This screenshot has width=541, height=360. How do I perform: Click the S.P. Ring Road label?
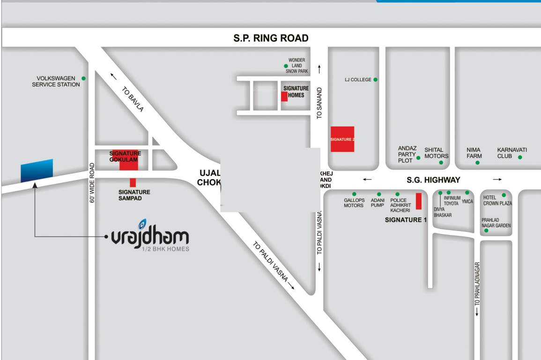tap(271, 38)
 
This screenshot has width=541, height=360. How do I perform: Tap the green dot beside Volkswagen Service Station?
tap(83, 78)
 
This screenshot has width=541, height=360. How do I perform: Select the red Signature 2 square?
tap(342, 139)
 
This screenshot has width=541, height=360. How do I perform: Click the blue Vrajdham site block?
tap(37, 171)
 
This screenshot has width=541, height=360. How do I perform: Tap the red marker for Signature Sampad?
tap(133, 182)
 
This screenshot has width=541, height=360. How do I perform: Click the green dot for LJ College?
tap(376, 80)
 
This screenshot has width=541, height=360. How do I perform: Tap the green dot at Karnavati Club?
tap(520, 157)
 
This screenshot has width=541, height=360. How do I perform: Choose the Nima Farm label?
tap(474, 153)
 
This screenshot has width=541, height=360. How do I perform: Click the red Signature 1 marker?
tap(419, 201)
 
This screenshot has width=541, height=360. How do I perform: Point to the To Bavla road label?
tap(133, 99)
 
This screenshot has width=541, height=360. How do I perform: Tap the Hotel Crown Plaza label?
tap(497, 201)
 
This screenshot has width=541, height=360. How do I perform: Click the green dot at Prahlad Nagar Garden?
tap(486, 230)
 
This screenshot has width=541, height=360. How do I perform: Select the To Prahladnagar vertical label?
tap(477, 284)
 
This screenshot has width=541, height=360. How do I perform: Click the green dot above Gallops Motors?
tap(354, 194)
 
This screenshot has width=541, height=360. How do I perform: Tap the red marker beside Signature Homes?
tap(284, 97)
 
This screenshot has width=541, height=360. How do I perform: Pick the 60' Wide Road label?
tap(92, 182)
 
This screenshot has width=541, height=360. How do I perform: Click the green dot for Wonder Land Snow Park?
tap(286, 66)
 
